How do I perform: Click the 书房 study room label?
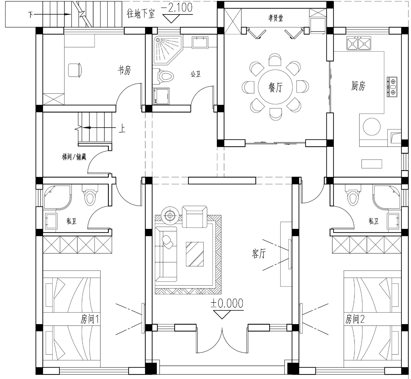pos(124,70)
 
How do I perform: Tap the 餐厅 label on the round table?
pos(276,87)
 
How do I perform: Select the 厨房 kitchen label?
pos(358,86)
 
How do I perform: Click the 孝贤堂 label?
pos(276,18)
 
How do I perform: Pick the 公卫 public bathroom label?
pos(196,74)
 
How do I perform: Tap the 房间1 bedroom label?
pos(90,319)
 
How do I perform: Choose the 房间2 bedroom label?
pos(355,319)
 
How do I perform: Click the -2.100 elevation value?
pos(177,7)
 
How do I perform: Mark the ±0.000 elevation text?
pos(227,303)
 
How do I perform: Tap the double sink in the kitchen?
pos(359,43)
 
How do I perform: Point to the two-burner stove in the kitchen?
pos(392,87)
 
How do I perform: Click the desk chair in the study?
pos(75,70)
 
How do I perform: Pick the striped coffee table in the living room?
pos(195,254)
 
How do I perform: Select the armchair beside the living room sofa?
pos(195,217)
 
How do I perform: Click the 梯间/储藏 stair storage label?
pos(74,157)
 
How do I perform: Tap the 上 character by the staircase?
pos(122,128)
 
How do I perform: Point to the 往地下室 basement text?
pos(141,13)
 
